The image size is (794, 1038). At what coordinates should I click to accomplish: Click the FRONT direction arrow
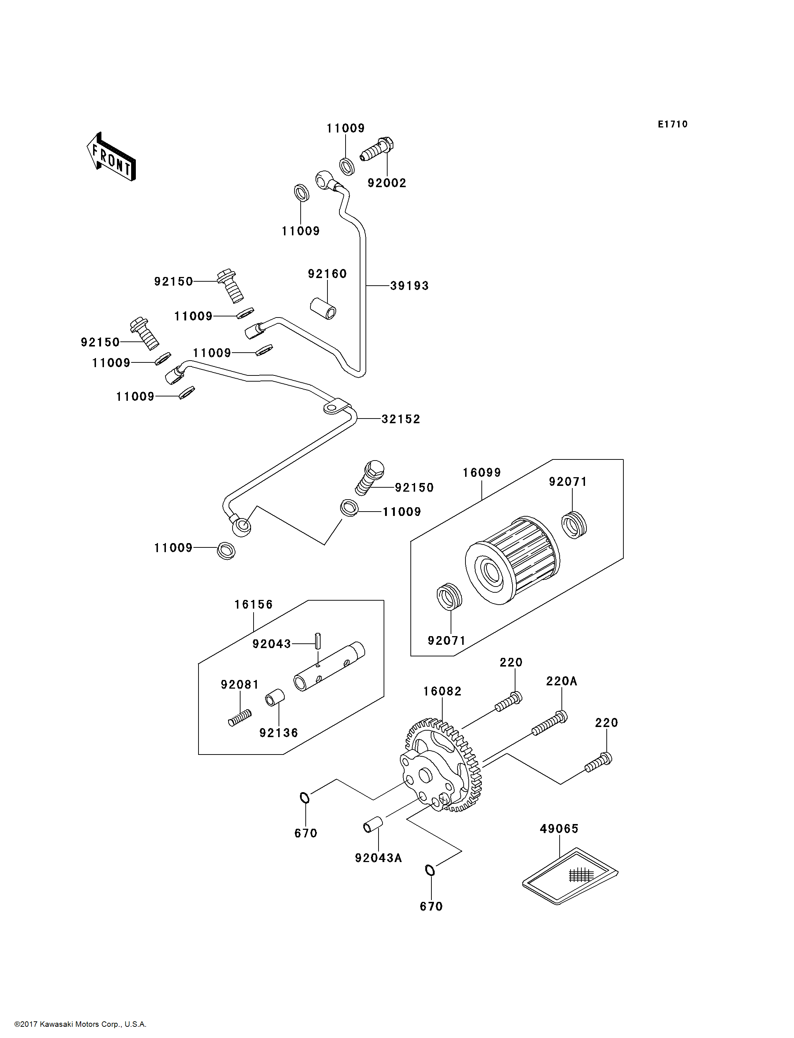112,157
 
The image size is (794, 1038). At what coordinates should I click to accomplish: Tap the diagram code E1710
673,124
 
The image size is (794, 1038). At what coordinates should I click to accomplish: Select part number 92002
386,183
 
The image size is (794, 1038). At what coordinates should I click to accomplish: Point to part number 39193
409,286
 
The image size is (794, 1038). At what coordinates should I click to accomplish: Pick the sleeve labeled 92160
323,308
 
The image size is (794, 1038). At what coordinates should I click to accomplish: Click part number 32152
401,419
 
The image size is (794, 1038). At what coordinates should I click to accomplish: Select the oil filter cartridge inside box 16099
512,560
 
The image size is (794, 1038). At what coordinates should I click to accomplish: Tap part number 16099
482,472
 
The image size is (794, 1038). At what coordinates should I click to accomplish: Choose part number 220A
561,681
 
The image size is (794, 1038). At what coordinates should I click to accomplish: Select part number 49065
559,829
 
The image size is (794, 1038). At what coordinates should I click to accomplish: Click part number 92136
279,733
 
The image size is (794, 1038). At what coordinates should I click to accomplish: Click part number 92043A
378,858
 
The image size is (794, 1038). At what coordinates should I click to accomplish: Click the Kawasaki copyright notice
80,1024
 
